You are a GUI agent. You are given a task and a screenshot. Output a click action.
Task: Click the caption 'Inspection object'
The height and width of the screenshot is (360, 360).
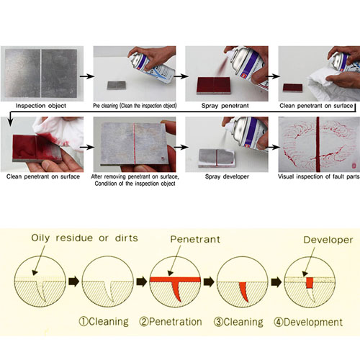[x=41, y=106]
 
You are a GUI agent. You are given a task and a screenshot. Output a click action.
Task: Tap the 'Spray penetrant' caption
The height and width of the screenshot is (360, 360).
[x=225, y=106]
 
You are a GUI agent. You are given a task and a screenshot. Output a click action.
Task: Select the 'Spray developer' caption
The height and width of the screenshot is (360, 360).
[x=227, y=176]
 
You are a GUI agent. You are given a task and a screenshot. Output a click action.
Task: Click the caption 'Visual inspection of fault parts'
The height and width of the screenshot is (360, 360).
[x=319, y=176]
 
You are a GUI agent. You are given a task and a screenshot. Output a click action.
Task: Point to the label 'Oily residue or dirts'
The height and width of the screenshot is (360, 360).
[x=84, y=238]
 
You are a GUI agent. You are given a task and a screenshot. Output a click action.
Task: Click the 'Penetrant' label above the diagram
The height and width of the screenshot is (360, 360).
[x=195, y=239]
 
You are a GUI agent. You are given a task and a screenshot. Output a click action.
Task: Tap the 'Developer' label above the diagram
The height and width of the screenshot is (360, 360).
[x=328, y=240]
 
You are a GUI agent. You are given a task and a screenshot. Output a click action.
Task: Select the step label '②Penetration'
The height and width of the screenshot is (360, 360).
[x=171, y=322]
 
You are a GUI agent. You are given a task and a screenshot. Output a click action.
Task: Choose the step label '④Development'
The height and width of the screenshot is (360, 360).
[x=308, y=322]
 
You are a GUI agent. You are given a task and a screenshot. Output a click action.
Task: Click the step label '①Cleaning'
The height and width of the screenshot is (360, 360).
[x=104, y=322]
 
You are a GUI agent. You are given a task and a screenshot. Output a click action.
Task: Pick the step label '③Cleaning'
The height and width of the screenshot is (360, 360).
[x=238, y=322]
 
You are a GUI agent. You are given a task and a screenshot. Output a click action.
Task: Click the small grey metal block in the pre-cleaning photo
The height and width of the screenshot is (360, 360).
[x=117, y=85]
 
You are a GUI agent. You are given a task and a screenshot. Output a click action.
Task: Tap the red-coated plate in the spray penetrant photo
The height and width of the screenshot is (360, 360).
[x=214, y=86]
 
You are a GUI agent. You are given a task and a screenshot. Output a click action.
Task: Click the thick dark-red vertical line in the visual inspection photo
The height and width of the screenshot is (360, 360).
[x=318, y=144]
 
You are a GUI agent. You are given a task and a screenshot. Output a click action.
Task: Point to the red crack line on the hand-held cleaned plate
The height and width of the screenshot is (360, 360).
[x=135, y=143]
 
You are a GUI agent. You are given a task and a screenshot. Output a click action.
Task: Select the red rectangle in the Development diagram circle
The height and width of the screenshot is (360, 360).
[x=310, y=283]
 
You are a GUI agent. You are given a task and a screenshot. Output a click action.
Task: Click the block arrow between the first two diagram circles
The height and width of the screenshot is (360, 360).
[x=74, y=281]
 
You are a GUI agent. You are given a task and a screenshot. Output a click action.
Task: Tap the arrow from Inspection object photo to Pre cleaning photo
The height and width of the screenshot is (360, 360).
[x=87, y=76]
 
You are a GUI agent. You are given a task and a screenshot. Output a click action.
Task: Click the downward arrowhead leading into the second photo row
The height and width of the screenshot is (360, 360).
[x=10, y=122]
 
